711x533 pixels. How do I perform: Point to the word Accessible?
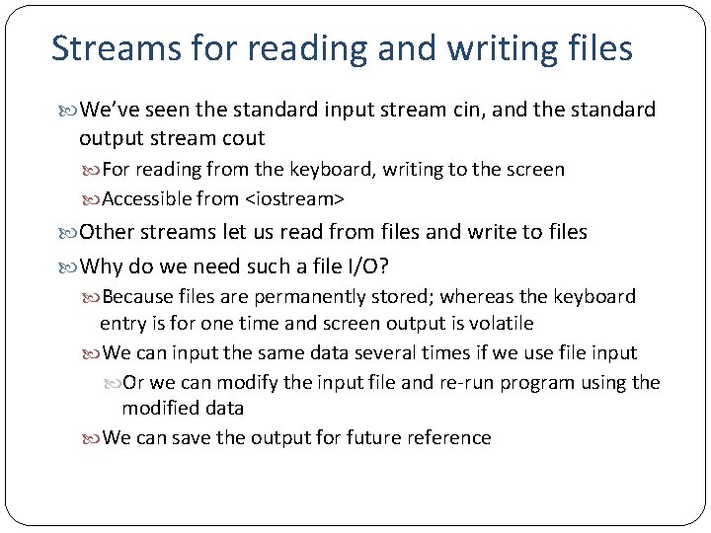point(146,199)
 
